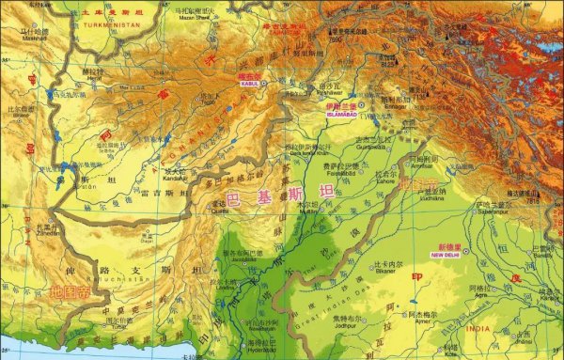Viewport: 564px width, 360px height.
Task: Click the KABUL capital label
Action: pos(249,84)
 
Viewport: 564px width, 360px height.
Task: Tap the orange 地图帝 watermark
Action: pos(70,293)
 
